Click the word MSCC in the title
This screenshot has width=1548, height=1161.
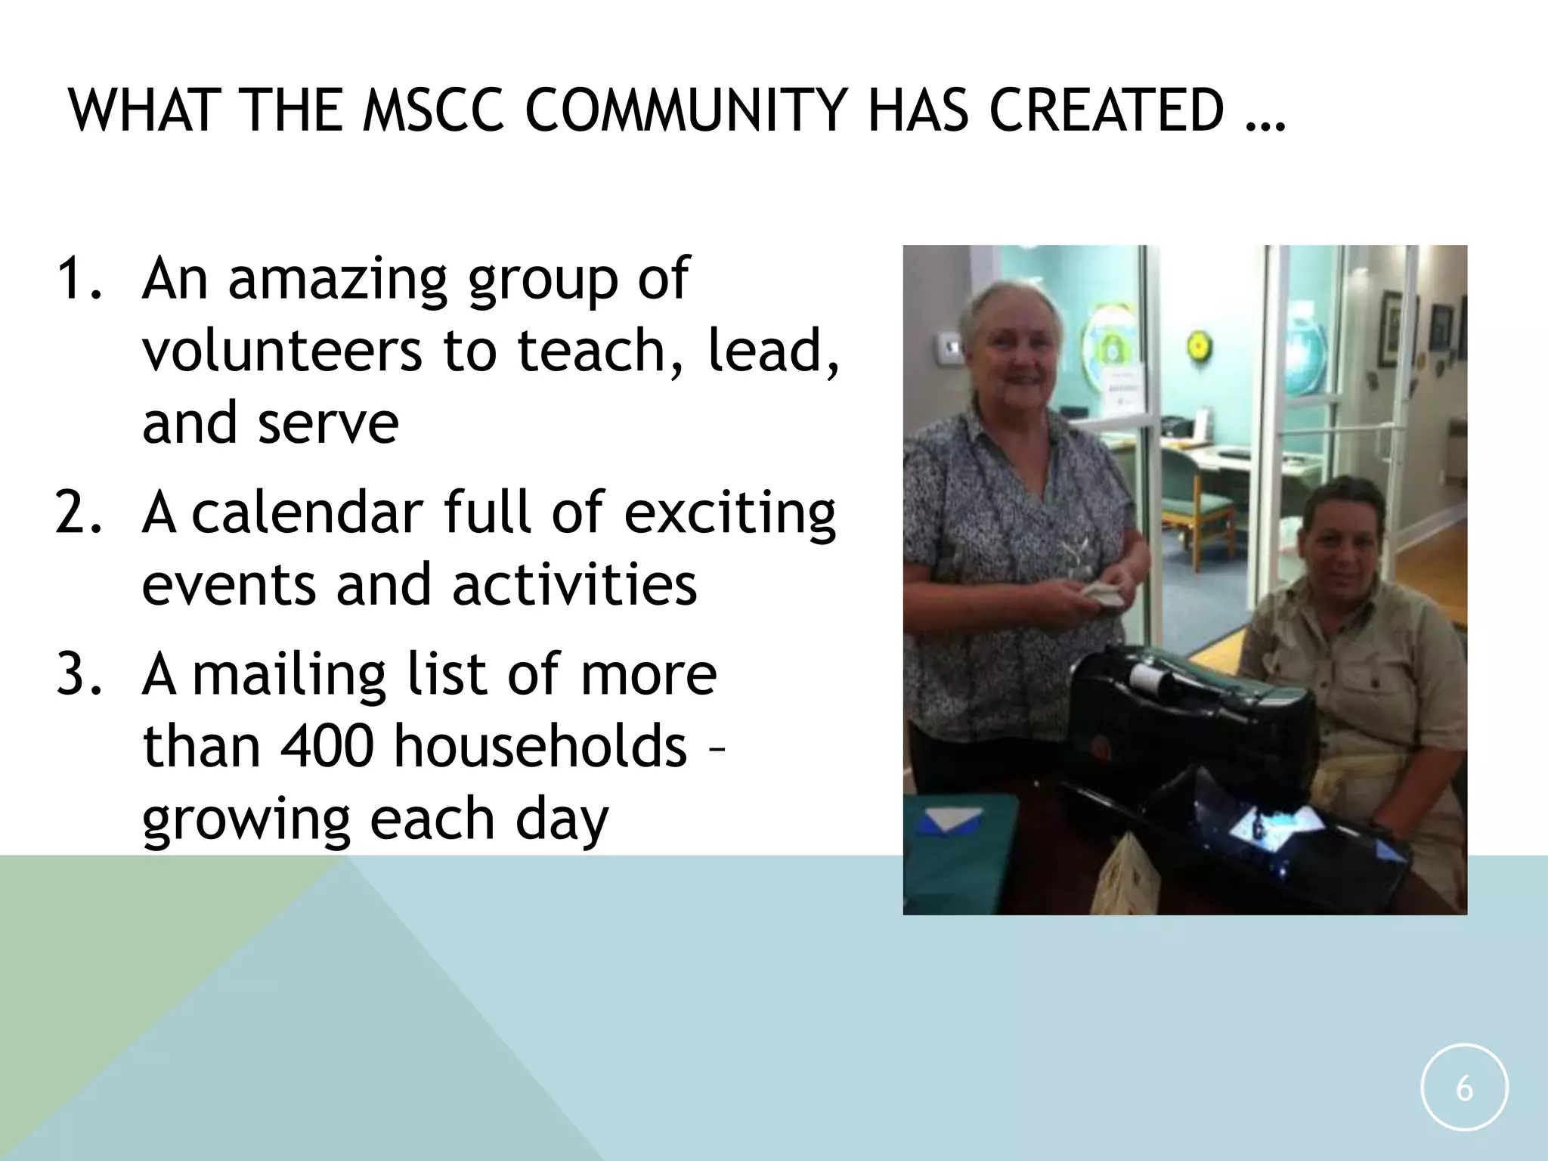pos(432,111)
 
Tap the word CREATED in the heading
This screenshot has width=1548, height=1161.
pos(1106,111)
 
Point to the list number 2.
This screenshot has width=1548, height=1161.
pos(77,512)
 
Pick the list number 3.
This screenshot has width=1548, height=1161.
pos(77,674)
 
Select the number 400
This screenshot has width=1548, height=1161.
pos(327,746)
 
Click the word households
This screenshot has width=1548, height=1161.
pos(540,746)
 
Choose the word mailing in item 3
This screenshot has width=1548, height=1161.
pos(289,676)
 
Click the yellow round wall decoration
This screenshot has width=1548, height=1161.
pos(1197,345)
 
